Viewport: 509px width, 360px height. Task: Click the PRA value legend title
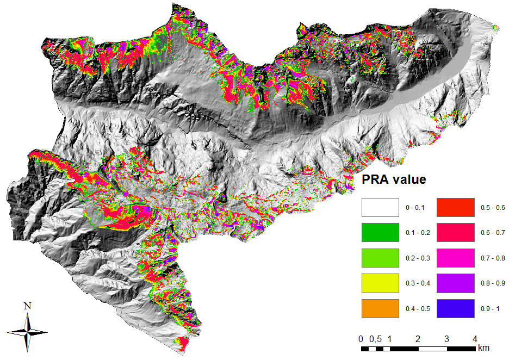pyautogui.click(x=394, y=179)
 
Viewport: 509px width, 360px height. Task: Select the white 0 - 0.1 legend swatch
pyautogui.click(x=380, y=208)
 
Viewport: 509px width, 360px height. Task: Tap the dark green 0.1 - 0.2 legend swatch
pyautogui.click(x=380, y=233)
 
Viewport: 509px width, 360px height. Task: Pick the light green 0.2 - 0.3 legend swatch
pyautogui.click(x=380, y=258)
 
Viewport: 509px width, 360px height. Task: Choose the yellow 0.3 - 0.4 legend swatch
pyautogui.click(x=380, y=283)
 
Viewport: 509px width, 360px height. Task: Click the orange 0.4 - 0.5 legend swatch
pyautogui.click(x=380, y=308)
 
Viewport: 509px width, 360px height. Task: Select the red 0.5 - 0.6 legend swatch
pyautogui.click(x=455, y=208)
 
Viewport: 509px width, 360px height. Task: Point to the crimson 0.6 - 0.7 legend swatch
pyautogui.click(x=455, y=233)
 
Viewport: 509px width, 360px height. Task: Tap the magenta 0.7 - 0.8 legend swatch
pyautogui.click(x=455, y=258)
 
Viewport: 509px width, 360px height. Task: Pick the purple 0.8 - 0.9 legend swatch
pyautogui.click(x=455, y=283)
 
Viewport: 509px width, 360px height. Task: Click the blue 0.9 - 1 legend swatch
pyautogui.click(x=455, y=308)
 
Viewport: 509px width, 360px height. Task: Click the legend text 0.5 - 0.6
pyautogui.click(x=493, y=208)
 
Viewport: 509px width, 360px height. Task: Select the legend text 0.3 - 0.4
pyautogui.click(x=418, y=283)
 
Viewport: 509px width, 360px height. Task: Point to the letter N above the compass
pyautogui.click(x=27, y=306)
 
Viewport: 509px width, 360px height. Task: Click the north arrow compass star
pyautogui.click(x=27, y=330)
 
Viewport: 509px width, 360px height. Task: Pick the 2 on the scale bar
pyautogui.click(x=418, y=338)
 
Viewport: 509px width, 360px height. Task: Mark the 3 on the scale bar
pyautogui.click(x=446, y=338)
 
